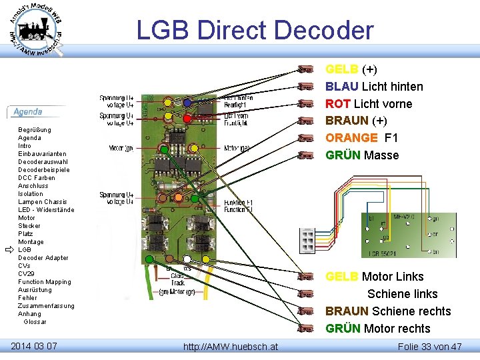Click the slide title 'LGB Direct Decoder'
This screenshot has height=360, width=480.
coord(255,31)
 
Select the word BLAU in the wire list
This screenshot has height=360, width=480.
coord(342,87)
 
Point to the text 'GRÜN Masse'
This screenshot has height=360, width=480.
coord(362,155)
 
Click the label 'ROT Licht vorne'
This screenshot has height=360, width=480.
coord(369,104)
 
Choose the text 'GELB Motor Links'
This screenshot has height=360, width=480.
coord(374,277)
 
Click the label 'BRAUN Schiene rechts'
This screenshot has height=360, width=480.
coord(388,311)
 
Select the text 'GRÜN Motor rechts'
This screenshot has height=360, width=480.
coord(378,329)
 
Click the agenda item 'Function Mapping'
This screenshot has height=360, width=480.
coord(44,282)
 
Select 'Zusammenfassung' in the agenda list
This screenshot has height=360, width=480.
coord(46,306)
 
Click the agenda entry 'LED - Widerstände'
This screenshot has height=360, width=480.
coord(46,210)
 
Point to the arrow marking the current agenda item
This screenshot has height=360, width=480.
coord(9,250)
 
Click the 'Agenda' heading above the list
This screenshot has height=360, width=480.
coord(28,112)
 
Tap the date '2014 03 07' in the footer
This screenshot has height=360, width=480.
coord(34,345)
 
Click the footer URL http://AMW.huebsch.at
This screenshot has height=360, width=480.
coord(231,347)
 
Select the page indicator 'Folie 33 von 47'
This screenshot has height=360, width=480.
coord(429,346)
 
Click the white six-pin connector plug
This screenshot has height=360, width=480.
coord(307,237)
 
